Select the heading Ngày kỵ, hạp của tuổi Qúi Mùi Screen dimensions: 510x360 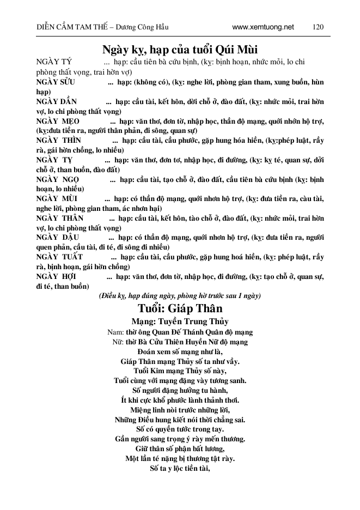(x=180, y=50)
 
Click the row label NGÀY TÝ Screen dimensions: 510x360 (x=53, y=63)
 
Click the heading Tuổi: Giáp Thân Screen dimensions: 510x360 (x=180, y=309)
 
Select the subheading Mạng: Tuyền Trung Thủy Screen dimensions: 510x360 (x=180, y=321)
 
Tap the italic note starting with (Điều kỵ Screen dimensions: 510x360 (x=180, y=296)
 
